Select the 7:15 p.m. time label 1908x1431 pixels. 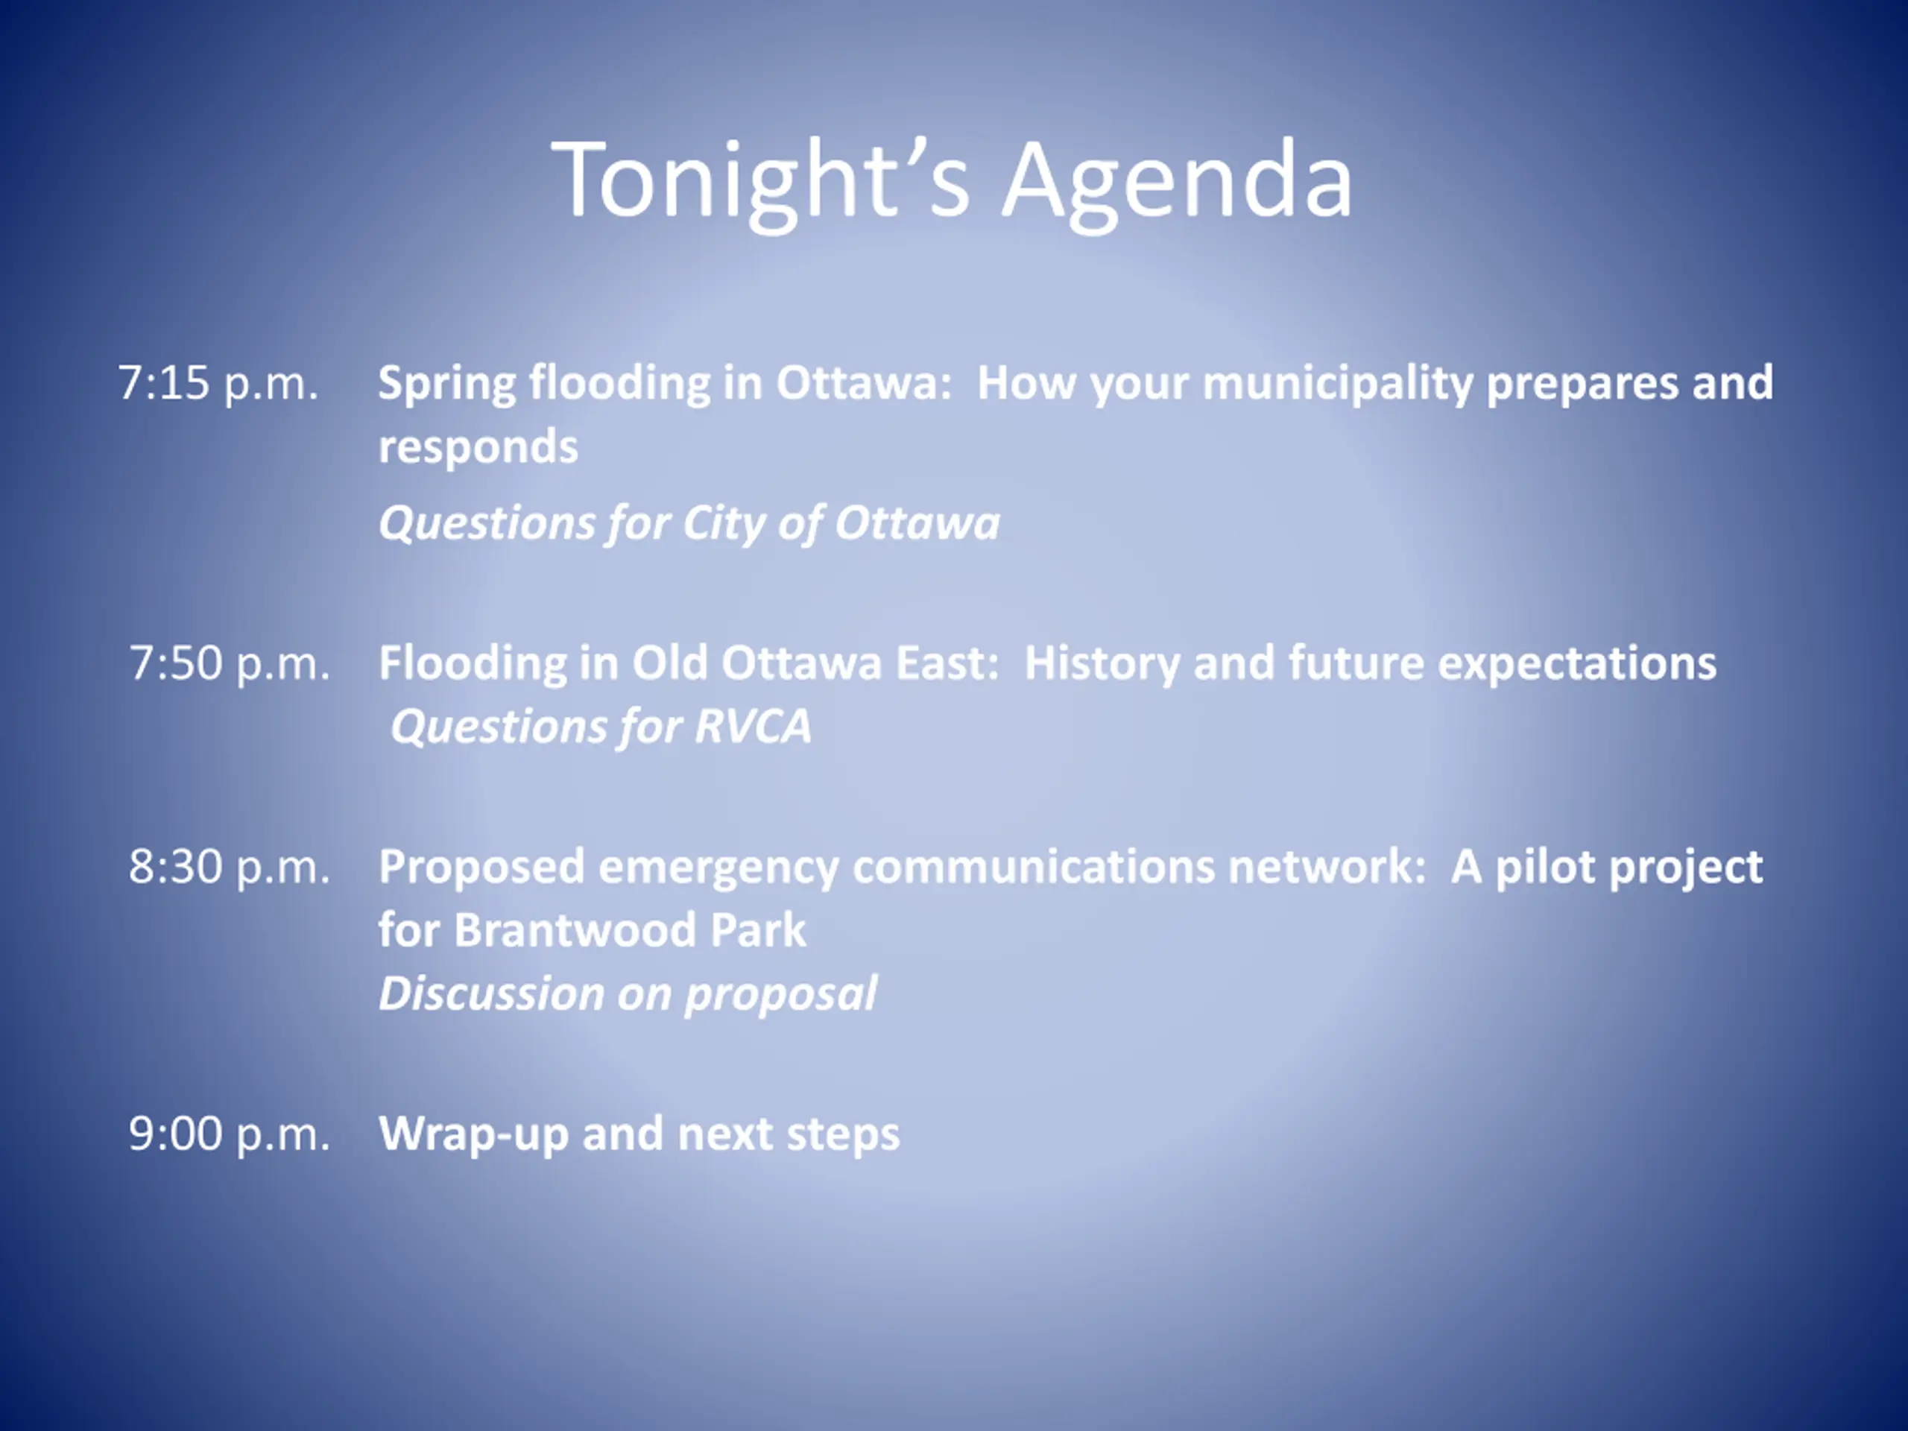[x=218, y=384]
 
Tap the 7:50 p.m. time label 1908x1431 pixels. [x=230, y=664]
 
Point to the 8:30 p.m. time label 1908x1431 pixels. [x=230, y=868]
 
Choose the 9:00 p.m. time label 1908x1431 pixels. [x=230, y=1134]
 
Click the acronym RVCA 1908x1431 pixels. [x=752, y=726]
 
